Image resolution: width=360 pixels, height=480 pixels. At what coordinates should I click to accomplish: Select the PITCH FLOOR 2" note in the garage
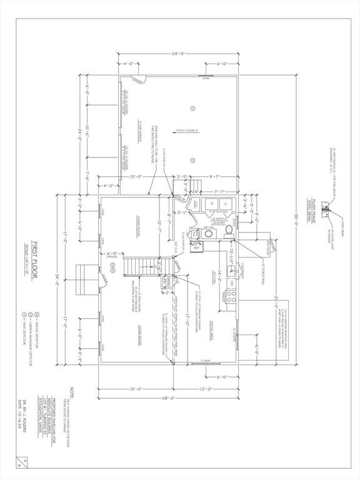pos(187,130)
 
